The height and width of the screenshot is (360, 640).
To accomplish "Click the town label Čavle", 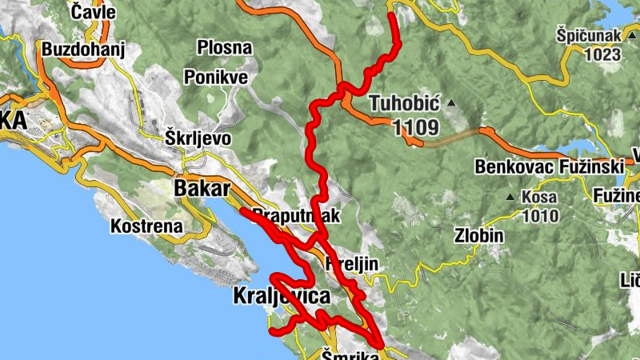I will [x=93, y=13].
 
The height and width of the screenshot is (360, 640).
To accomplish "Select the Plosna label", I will [x=225, y=48].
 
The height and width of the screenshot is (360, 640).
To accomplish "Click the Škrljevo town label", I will [x=198, y=138].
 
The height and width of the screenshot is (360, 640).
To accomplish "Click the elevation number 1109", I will [x=416, y=126].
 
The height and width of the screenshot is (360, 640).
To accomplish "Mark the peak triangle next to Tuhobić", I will [x=451, y=103].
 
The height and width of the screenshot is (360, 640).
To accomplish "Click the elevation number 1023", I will [x=602, y=55].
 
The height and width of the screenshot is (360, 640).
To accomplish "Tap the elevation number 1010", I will [x=541, y=215].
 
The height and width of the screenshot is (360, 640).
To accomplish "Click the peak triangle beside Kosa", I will [x=510, y=197].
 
